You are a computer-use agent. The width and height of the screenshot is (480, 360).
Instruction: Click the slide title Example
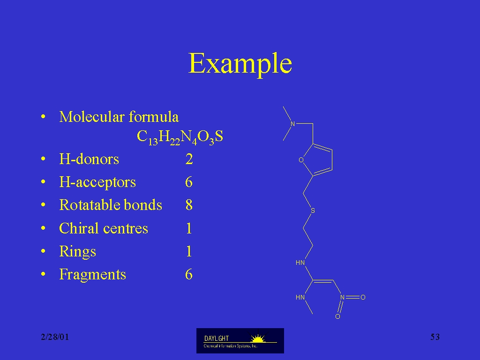click(240, 64)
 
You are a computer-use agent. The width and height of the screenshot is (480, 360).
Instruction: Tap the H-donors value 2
click(189, 159)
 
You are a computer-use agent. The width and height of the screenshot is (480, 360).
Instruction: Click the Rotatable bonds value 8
click(189, 205)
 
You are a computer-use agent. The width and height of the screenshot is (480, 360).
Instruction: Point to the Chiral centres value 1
click(189, 228)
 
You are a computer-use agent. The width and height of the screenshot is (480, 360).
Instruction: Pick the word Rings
click(77, 252)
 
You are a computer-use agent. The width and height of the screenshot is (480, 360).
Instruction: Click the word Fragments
click(92, 274)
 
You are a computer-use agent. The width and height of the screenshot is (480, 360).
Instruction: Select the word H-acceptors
click(97, 182)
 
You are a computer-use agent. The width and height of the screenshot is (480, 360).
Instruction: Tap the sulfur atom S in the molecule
click(313, 210)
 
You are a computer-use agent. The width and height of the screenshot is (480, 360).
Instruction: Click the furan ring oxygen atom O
click(301, 160)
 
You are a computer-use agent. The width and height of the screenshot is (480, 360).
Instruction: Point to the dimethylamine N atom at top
click(292, 124)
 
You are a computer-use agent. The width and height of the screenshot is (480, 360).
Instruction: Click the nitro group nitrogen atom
click(342, 297)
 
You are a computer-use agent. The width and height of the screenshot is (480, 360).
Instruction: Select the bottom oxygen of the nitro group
click(337, 316)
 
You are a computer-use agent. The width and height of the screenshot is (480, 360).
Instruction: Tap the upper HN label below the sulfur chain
click(300, 262)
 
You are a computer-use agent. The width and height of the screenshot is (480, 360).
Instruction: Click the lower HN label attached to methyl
click(300, 297)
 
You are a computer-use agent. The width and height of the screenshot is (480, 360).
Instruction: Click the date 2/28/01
click(55, 337)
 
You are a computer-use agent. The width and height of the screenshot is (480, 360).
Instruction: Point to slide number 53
click(435, 337)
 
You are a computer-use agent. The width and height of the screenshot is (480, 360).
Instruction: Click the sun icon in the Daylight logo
click(258, 338)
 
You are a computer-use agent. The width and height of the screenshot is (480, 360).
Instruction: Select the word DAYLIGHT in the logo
click(217, 338)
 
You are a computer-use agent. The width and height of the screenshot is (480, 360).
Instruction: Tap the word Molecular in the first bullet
click(92, 117)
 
